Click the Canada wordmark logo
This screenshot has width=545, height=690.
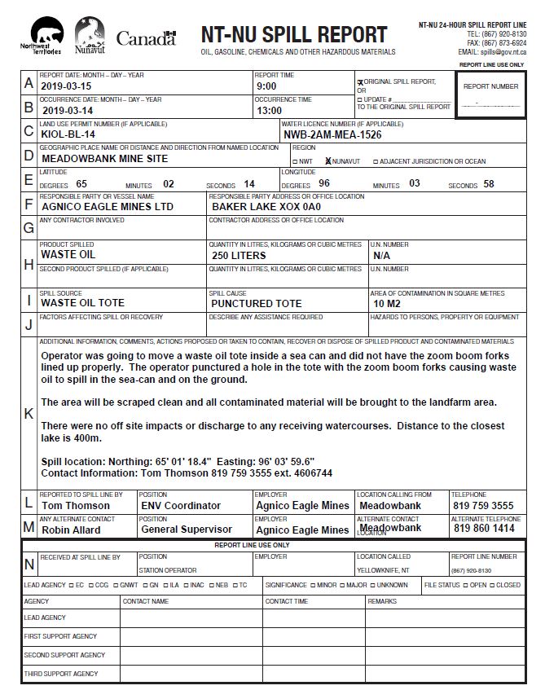click(x=146, y=37)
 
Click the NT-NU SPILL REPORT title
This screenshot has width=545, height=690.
click(x=294, y=35)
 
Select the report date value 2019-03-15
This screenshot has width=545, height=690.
click(x=68, y=86)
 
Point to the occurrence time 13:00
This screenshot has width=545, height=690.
click(x=269, y=110)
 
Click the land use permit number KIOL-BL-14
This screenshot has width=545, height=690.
click(x=68, y=134)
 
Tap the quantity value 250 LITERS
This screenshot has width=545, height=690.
click(x=239, y=255)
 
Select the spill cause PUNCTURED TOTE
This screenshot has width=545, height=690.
click(x=256, y=303)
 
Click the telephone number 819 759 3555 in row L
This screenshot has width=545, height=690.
click(x=483, y=505)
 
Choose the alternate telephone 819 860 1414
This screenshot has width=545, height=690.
click(x=483, y=529)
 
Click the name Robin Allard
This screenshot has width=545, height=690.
click(x=71, y=530)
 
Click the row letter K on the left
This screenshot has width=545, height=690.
click(x=29, y=413)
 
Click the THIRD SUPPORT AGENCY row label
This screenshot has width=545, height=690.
click(x=60, y=674)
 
